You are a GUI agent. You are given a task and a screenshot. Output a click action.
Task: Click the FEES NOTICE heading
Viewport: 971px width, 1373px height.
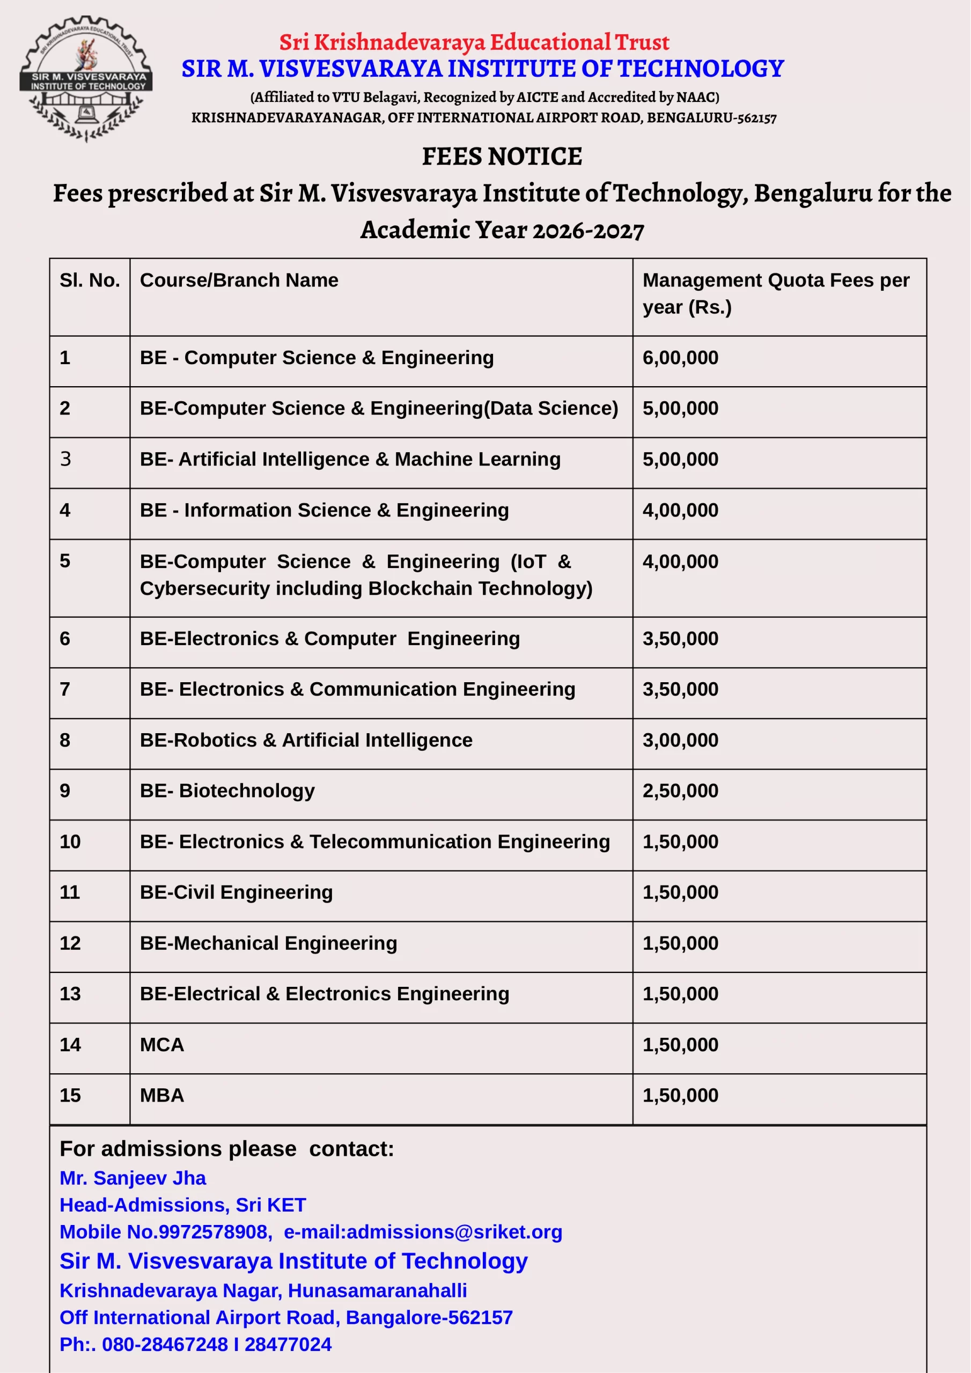502,157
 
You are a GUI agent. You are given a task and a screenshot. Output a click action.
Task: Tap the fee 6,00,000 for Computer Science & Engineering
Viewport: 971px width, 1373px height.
680,358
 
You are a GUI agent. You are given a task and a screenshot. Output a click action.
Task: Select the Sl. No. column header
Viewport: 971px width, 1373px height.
90,280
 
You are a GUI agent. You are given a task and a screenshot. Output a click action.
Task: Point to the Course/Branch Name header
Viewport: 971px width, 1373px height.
239,280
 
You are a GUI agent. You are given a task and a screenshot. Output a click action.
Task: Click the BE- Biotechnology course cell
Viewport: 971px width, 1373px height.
227,791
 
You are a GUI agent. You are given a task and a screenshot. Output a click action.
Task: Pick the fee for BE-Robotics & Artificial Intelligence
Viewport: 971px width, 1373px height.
680,740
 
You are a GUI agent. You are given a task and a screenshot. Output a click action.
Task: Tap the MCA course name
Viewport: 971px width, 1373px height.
161,1045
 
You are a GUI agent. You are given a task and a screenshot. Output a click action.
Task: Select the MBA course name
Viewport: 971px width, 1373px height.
161,1096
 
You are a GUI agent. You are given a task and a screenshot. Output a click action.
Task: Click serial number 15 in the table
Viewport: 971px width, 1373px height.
70,1096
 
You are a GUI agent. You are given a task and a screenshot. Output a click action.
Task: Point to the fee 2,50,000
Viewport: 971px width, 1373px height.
680,791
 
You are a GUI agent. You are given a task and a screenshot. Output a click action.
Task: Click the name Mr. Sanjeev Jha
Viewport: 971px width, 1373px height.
133,1178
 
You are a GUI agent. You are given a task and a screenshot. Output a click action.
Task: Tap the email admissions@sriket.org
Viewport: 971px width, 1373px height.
454,1232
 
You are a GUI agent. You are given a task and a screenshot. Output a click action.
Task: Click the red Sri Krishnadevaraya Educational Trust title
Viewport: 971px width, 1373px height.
474,42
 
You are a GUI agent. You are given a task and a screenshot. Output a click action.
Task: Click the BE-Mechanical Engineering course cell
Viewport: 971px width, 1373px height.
268,943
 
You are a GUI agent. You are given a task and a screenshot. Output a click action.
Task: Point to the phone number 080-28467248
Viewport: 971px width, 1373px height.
165,1344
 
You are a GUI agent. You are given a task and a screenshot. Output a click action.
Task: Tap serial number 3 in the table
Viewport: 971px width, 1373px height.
65,459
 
